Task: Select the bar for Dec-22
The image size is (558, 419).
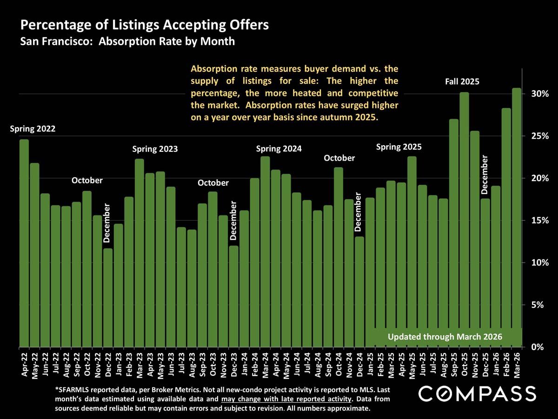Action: [x=108, y=298]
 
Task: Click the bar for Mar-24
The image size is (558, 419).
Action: [x=265, y=251]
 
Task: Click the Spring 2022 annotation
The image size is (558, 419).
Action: [x=33, y=129]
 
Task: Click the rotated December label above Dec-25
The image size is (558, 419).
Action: [x=485, y=175]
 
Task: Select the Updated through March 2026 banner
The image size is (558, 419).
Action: [x=445, y=337]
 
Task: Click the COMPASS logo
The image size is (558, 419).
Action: [x=477, y=394]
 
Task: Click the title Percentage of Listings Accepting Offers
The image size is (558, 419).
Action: [x=144, y=25]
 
